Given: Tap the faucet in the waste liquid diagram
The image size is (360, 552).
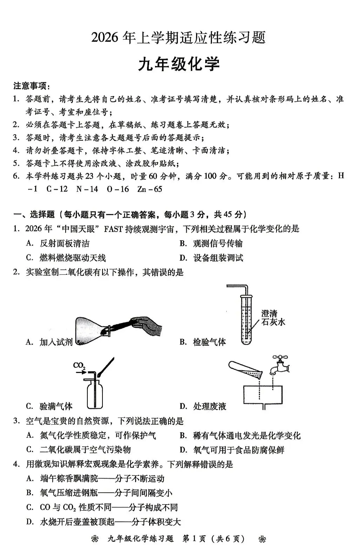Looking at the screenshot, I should pyautogui.click(x=280, y=365).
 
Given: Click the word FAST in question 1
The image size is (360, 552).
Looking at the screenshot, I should pyautogui.click(x=113, y=229).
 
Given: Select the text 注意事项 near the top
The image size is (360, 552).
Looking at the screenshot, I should pyautogui.click(x=31, y=86).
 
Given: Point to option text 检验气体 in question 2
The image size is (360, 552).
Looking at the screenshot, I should pyautogui.click(x=209, y=342).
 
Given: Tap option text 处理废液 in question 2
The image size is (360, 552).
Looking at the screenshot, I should pyautogui.click(x=209, y=406).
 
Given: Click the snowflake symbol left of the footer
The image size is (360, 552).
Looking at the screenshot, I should pyautogui.click(x=94, y=539).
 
